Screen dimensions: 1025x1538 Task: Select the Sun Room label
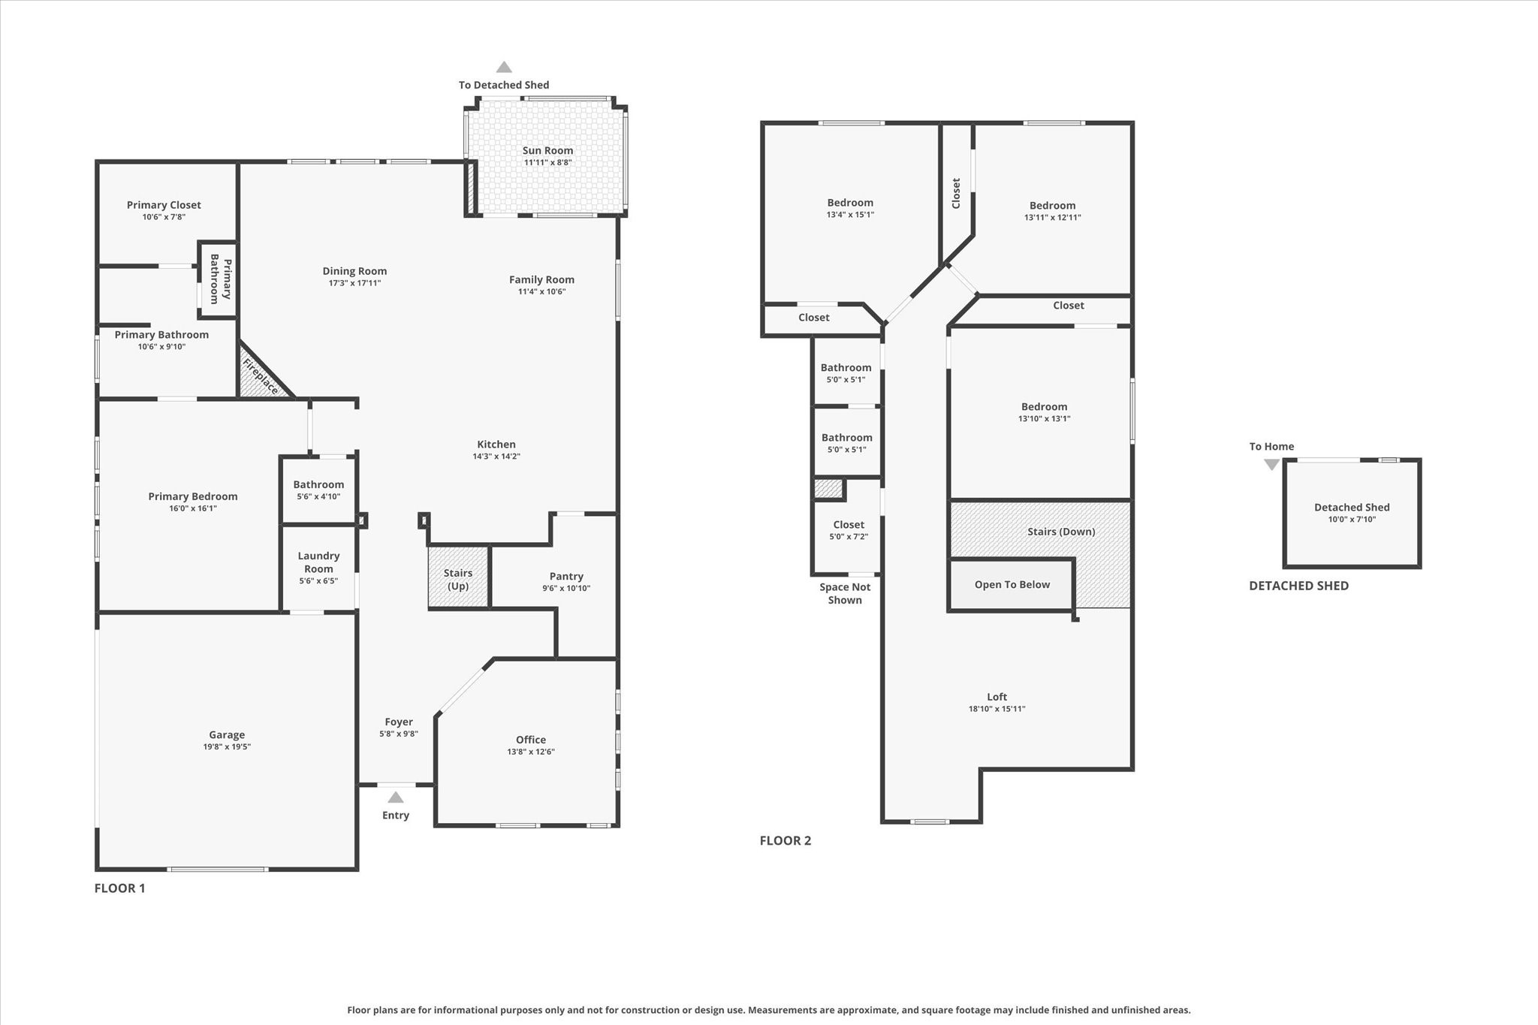pos(547,151)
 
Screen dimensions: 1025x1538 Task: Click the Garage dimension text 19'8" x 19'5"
pos(227,747)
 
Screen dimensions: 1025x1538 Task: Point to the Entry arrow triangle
pos(396,797)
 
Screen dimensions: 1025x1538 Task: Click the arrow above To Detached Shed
pos(504,68)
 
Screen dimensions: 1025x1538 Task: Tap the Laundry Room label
pos(318,562)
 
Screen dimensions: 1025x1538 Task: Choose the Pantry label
pos(566,577)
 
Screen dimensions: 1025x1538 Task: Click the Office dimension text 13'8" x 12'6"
pos(530,752)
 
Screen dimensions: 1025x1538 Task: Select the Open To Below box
pos(1012,585)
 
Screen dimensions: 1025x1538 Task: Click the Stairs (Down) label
pos(1061,532)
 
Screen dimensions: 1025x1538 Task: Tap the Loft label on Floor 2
pos(997,697)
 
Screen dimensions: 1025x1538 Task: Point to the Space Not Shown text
pos(845,593)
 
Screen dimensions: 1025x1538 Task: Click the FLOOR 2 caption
pos(785,840)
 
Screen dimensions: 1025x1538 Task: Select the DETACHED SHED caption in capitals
pos(1298,586)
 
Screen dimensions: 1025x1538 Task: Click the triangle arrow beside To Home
pos(1271,465)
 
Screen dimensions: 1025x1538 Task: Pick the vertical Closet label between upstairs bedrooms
pos(956,193)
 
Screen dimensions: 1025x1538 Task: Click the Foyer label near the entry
pos(399,722)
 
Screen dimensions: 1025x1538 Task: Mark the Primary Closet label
pos(164,205)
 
